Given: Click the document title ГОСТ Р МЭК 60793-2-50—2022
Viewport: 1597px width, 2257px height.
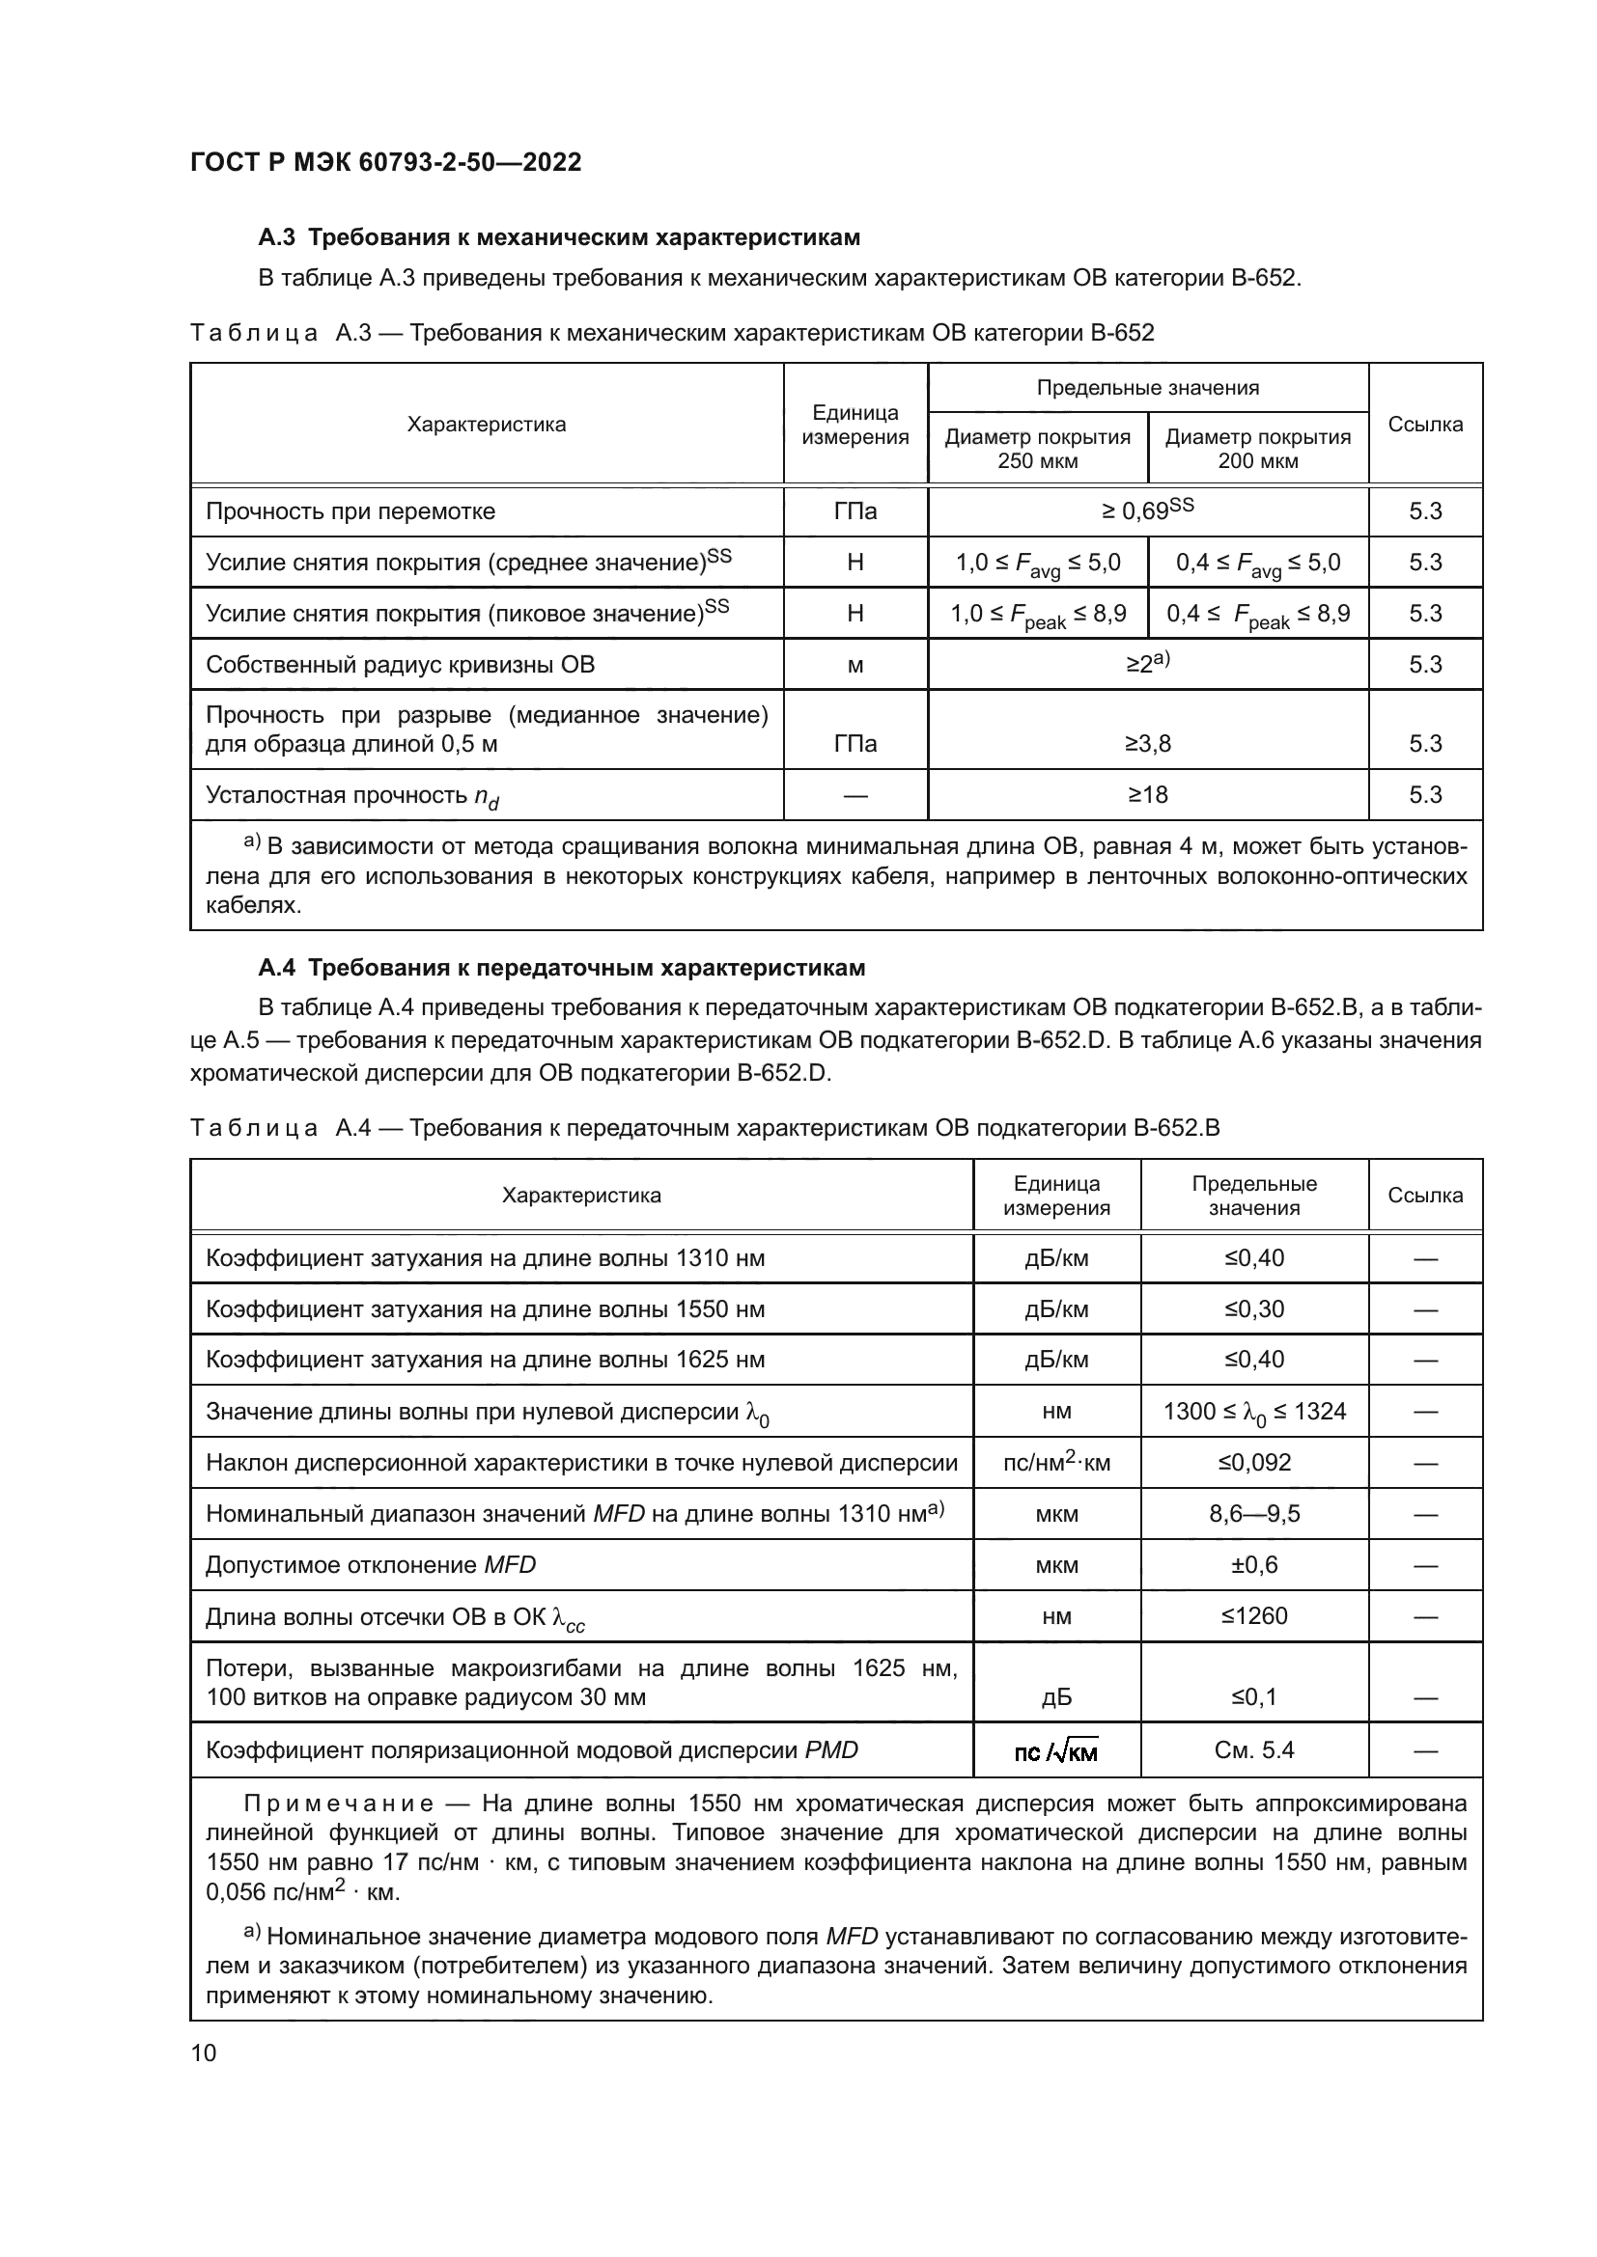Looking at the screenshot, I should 385,162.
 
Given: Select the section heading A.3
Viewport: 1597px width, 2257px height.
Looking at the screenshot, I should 558,237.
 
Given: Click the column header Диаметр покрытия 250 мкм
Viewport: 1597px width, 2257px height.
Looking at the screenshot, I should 1037,449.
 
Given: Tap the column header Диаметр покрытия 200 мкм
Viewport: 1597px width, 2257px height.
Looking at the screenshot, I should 1258,449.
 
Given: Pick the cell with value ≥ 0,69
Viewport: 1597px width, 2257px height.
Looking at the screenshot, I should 1147,510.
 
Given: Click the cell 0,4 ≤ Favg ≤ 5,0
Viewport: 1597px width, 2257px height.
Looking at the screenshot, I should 1258,564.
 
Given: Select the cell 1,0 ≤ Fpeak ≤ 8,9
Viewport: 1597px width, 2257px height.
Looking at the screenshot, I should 1037,615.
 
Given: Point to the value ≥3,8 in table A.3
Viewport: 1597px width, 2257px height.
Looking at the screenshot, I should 1148,743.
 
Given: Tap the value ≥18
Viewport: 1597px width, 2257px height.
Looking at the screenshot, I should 1148,794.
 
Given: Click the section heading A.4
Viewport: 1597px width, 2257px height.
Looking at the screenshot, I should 562,967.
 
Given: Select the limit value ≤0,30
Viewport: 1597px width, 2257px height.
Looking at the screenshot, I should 1254,1308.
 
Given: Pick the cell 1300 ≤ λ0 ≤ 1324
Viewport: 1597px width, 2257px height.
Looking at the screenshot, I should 1254,1412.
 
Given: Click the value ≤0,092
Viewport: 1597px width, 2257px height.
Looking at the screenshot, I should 1254,1462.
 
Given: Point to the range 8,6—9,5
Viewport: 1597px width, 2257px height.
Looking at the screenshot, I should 1254,1513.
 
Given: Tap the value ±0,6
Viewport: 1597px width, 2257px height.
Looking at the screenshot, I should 1254,1564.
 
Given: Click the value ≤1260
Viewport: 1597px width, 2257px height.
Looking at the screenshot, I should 1254,1615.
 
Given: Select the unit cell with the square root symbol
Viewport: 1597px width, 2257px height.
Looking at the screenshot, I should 1056,1750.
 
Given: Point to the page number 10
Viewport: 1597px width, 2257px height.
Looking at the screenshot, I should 204,2052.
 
